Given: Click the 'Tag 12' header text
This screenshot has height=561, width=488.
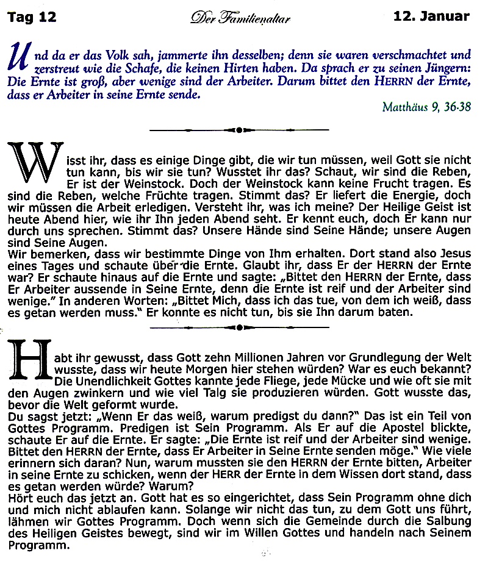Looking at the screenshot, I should (31, 16).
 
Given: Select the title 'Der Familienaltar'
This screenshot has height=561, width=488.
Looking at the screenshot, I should (240, 18).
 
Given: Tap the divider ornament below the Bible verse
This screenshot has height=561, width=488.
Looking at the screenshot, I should (239, 129).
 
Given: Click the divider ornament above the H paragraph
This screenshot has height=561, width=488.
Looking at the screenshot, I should (239, 327).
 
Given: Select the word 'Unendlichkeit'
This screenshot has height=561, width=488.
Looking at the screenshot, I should (110, 381).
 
